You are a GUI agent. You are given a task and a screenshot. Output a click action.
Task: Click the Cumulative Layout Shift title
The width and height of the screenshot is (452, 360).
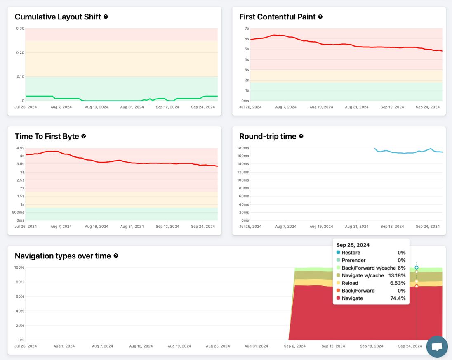click(x=58, y=17)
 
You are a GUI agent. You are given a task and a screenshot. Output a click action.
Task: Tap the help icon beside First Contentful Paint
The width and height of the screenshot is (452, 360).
click(x=320, y=17)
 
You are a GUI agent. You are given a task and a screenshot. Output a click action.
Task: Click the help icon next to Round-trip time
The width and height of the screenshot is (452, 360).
click(x=301, y=136)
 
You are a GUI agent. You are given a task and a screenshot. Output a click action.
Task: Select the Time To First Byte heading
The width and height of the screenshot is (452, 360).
click(x=47, y=137)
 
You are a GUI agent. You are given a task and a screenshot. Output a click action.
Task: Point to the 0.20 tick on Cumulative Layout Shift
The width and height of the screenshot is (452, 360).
click(x=20, y=52)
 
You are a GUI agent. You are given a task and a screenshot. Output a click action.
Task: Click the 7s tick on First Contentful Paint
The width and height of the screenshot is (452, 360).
click(x=247, y=28)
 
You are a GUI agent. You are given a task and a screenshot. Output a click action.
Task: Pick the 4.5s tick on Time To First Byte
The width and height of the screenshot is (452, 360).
click(x=20, y=148)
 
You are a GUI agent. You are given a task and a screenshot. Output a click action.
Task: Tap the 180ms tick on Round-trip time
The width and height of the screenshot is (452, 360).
click(x=243, y=148)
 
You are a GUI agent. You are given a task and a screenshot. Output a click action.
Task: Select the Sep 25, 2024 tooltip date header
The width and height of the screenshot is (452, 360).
click(x=353, y=245)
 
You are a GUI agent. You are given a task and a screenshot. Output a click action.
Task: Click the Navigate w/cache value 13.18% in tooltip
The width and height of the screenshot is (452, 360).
click(x=397, y=275)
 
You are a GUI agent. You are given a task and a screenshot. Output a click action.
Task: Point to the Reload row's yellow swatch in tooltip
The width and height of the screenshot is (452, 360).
click(x=339, y=283)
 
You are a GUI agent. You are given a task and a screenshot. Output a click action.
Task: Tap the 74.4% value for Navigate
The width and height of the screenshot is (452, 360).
click(x=398, y=298)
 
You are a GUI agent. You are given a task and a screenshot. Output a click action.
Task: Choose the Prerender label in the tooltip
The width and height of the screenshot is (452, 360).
click(x=354, y=260)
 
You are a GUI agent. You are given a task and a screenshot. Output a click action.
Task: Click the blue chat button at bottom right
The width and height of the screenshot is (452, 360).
click(x=437, y=346)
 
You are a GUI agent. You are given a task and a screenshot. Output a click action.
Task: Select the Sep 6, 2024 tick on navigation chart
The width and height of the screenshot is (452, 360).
click(x=294, y=346)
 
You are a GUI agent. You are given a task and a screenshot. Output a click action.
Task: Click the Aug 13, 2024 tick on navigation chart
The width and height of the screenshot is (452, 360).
click(x=141, y=346)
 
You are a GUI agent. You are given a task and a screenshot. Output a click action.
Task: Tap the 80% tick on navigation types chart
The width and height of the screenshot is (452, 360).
click(x=19, y=282)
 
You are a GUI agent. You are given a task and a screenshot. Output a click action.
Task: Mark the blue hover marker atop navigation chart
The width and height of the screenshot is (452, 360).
click(x=417, y=268)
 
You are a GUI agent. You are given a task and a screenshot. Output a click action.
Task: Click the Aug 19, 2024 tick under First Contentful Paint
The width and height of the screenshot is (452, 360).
click(x=321, y=107)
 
